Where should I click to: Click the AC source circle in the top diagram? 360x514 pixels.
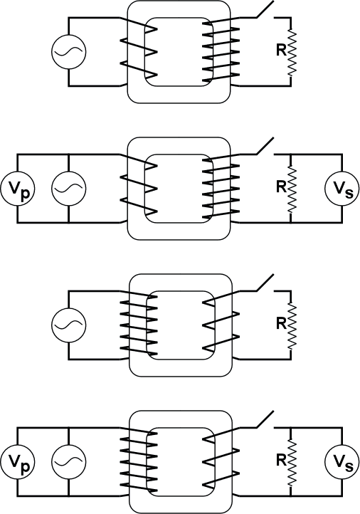tap(69, 52)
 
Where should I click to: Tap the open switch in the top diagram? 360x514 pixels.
tap(265, 9)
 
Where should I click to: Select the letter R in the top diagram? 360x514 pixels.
tap(281, 50)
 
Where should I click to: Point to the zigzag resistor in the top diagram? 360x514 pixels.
tap(291, 53)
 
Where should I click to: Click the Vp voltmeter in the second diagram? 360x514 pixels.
tap(18, 189)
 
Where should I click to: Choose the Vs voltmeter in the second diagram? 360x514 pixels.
tap(342, 189)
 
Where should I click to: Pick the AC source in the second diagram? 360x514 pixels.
tap(69, 189)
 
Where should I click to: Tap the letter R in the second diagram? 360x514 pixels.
tap(281, 187)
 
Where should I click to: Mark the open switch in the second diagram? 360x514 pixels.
tap(265, 146)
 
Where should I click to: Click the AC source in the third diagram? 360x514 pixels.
tap(69, 325)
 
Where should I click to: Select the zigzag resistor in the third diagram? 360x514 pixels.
tap(291, 326)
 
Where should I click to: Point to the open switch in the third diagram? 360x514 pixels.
tap(265, 283)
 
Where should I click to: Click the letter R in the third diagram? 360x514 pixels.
tap(281, 323)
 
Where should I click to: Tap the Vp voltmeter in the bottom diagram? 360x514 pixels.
tap(18, 462)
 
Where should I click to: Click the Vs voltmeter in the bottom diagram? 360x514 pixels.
tap(342, 462)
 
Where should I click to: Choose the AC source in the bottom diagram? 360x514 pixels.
tap(69, 462)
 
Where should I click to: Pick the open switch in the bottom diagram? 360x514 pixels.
tap(265, 419)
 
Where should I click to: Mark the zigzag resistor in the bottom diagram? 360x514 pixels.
tap(291, 463)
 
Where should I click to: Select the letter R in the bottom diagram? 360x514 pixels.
tap(281, 460)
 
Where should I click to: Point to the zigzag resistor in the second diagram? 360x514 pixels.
tap(291, 189)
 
